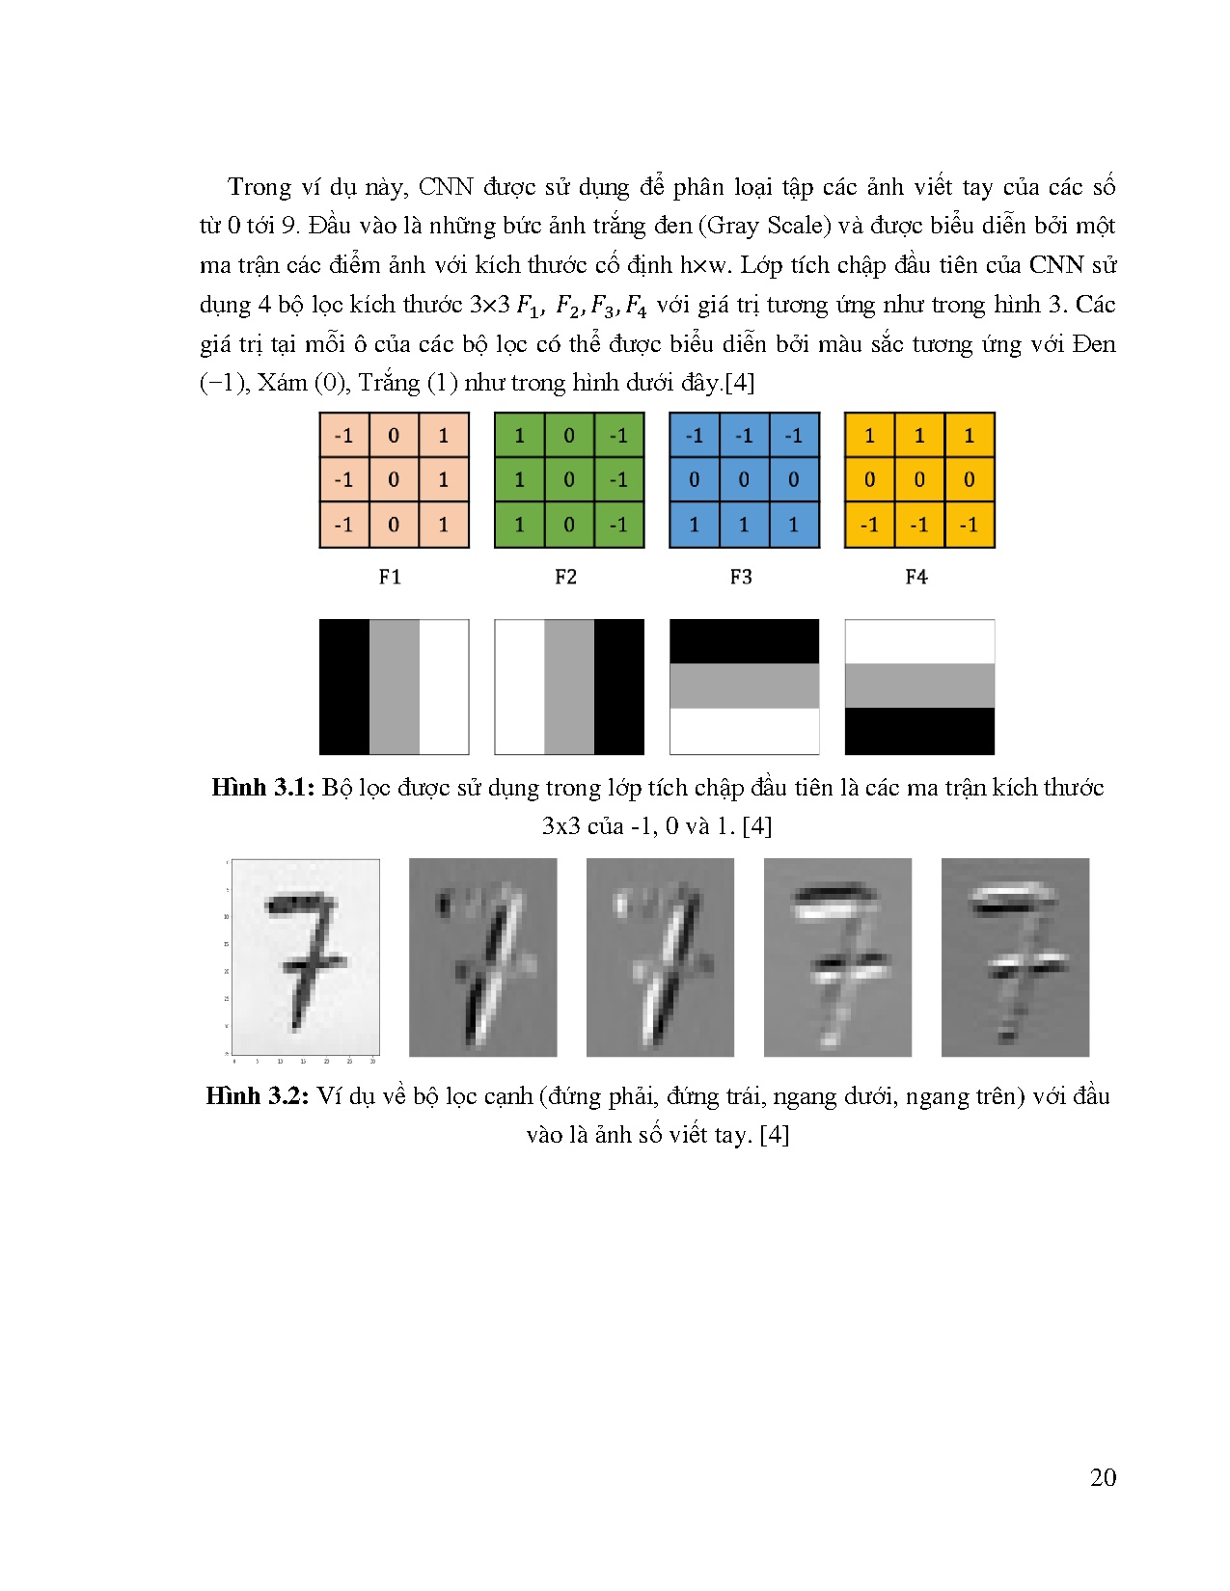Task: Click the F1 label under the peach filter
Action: (x=390, y=577)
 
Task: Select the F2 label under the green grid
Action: (x=565, y=577)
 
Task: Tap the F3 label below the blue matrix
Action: (x=741, y=577)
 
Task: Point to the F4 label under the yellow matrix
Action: (x=916, y=577)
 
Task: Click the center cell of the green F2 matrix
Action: (x=569, y=479)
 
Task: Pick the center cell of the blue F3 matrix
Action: (x=744, y=479)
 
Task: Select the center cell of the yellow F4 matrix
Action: (x=919, y=479)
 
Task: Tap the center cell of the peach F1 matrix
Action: (x=394, y=479)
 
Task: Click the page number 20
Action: (x=1103, y=1477)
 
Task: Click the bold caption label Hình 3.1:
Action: (x=262, y=788)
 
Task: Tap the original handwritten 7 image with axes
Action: (x=305, y=957)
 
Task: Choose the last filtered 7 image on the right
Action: (x=1015, y=957)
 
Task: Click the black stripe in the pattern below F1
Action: (x=344, y=687)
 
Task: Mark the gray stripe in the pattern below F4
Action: (x=919, y=686)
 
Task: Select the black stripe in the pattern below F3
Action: (x=744, y=641)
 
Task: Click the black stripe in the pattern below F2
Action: (x=618, y=687)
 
